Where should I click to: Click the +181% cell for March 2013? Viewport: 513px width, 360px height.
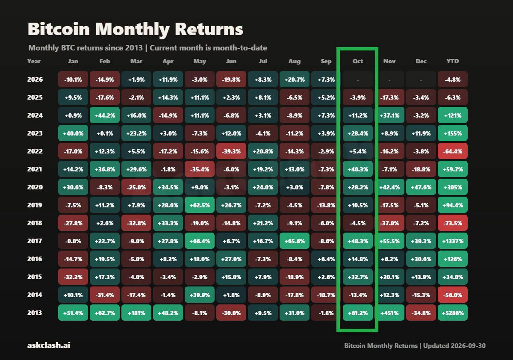136,313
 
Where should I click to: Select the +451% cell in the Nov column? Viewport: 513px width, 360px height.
389,313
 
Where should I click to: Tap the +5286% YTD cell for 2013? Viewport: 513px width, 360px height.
453,313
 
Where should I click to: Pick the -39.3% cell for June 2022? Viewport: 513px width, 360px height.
231,151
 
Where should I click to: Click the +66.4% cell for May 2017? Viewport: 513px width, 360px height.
200,241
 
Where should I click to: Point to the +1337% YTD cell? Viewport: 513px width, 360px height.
453,241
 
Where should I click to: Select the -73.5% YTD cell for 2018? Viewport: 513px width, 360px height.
453,223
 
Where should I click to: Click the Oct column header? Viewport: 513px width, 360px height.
358,62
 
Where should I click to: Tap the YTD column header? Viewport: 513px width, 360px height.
453,62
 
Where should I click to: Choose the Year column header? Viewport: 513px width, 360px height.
34,62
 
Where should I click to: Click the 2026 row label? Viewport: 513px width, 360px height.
35,79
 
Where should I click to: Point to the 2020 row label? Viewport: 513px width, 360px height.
35,187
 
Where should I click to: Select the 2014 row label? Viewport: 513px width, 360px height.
35,295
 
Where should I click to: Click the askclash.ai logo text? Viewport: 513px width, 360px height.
49,345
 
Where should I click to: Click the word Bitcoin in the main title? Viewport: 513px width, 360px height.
59,30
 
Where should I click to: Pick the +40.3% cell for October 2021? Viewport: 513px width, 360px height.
358,169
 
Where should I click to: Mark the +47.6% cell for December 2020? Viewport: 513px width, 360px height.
421,187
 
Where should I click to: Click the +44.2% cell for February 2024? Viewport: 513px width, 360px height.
105,115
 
